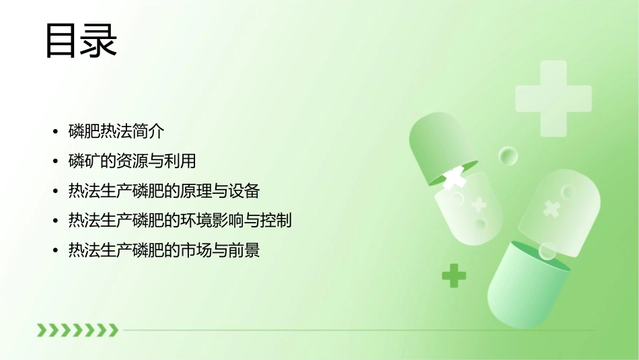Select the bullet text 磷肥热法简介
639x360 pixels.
116,131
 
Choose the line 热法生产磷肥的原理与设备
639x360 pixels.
163,190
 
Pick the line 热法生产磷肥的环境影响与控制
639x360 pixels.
180,220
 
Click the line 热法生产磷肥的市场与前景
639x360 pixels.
163,250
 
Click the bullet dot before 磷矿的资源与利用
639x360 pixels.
55,161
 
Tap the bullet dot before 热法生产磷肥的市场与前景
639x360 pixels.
55,251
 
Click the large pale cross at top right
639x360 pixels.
553,94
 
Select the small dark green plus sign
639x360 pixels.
454,275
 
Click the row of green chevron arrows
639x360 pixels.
77,330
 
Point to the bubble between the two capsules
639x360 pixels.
508,157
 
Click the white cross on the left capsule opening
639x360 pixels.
455,177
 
